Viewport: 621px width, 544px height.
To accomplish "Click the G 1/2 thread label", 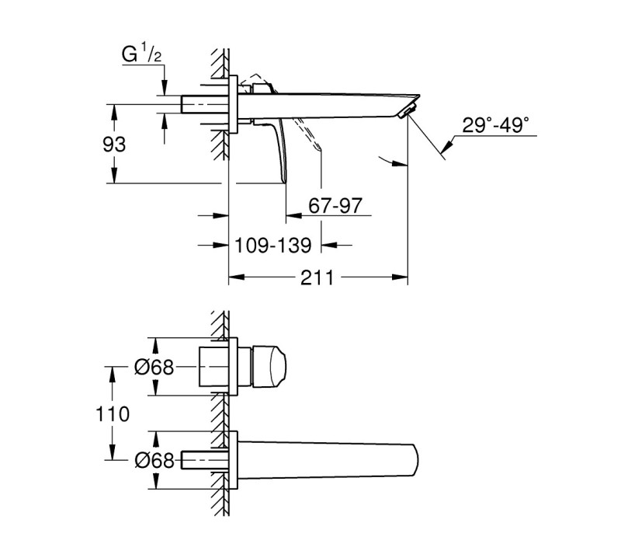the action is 141,54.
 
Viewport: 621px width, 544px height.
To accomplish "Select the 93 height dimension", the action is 114,145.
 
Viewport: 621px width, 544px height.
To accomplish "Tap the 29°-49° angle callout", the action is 495,125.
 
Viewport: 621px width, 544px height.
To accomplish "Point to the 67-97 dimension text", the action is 335,206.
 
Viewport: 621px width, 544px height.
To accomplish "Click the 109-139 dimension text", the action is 273,246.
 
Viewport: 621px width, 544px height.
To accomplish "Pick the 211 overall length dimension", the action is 317,277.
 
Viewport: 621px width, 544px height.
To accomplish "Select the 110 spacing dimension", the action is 113,414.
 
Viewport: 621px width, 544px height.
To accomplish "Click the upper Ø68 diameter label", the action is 154,368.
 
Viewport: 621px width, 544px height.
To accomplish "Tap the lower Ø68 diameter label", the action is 154,460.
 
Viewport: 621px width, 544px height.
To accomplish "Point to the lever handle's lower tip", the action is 284,181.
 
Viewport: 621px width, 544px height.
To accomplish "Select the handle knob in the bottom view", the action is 269,367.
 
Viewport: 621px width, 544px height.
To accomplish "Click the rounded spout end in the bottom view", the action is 415,461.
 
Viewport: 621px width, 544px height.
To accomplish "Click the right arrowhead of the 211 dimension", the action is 400,277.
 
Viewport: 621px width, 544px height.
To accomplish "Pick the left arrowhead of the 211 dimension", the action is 237,277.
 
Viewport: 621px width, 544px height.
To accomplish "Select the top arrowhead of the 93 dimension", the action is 114,112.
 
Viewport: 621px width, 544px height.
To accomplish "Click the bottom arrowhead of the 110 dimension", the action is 113,452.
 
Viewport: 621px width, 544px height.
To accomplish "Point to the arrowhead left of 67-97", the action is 294,216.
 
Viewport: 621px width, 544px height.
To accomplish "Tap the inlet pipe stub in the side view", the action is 205,104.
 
